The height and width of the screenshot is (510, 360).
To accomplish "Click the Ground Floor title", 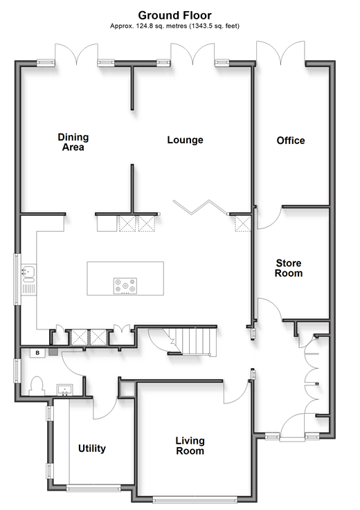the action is pyautogui.click(x=174, y=15).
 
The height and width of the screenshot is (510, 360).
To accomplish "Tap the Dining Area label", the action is pyautogui.click(x=73, y=142).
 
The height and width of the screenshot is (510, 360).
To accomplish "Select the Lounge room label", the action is pyautogui.click(x=186, y=140).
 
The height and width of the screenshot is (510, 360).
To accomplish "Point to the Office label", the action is pyautogui.click(x=291, y=140).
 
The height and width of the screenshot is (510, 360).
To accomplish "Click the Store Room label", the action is pyautogui.click(x=289, y=268).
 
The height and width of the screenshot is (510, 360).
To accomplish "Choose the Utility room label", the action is pyautogui.click(x=92, y=448).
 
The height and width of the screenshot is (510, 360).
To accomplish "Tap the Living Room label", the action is pyautogui.click(x=190, y=446).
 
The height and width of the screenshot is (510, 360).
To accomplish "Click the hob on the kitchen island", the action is pyautogui.click(x=125, y=286).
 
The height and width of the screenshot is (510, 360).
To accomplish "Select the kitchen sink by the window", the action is pyautogui.click(x=28, y=280).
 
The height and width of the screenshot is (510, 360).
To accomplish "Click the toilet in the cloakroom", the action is pyautogui.click(x=36, y=386).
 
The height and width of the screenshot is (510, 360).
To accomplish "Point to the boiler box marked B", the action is pyautogui.click(x=37, y=353).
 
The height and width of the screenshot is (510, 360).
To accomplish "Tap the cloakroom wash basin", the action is pyautogui.click(x=65, y=390).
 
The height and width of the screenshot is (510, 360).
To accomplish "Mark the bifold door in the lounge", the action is pyautogui.click(x=200, y=207).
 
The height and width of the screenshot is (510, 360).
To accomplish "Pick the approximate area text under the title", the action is pyautogui.click(x=174, y=26).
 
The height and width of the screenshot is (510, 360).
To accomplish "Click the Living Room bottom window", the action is pyautogui.click(x=195, y=499).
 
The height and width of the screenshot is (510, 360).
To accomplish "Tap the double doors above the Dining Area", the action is pyautogui.click(x=76, y=54).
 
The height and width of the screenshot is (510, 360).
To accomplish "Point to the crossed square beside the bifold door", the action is pyautogui.click(x=243, y=223).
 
